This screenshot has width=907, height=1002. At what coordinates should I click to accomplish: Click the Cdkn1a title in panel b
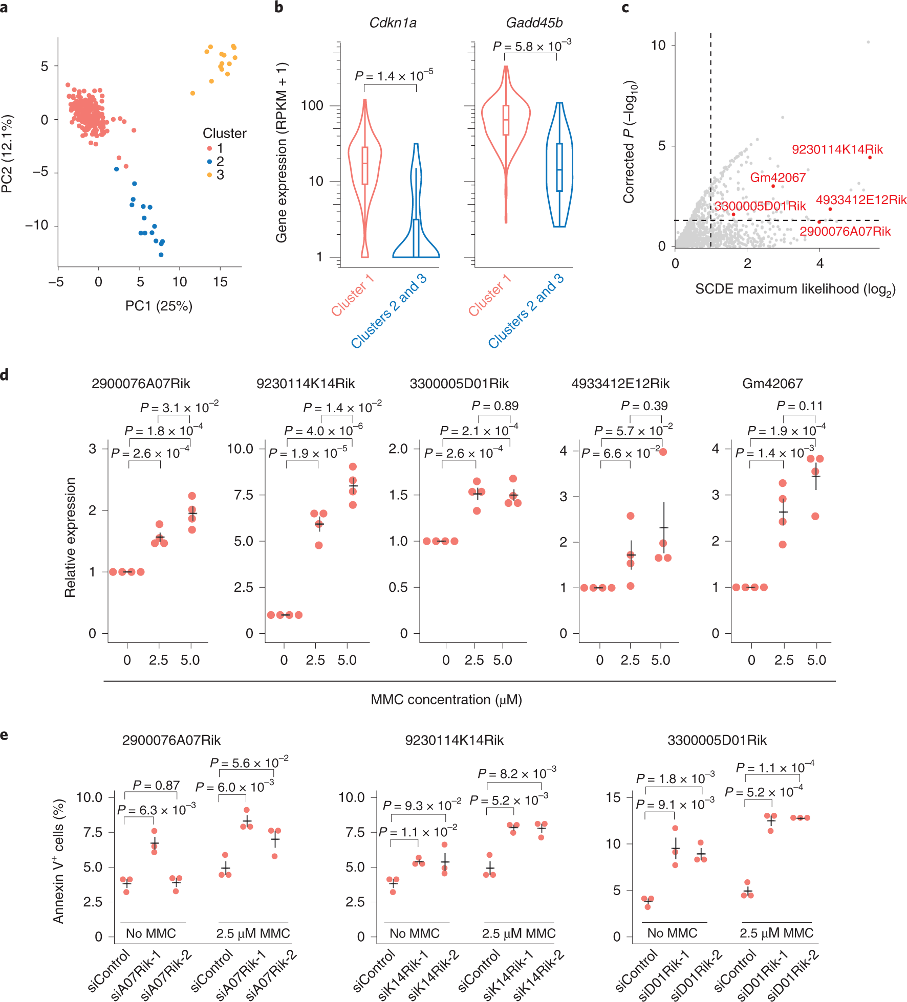pos(393,23)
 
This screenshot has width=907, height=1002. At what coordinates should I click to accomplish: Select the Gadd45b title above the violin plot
pos(534,23)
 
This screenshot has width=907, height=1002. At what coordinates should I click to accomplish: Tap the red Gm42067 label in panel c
pos(778,177)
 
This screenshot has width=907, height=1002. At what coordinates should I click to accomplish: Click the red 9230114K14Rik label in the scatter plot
pos(837,149)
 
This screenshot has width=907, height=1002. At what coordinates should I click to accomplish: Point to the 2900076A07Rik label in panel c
pos(845,232)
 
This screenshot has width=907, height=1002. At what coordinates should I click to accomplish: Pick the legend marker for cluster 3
pos(209,175)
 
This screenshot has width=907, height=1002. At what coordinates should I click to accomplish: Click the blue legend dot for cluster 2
pos(209,162)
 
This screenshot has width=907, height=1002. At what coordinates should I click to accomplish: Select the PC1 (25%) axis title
pos(159,306)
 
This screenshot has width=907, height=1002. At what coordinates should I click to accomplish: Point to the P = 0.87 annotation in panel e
pos(156,785)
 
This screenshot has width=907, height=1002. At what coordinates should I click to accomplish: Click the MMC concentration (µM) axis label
pos(446,699)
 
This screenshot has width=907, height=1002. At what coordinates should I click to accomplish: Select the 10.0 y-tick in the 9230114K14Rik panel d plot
pos(240,449)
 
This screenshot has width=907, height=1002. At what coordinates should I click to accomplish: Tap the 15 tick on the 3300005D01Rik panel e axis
pos(613,797)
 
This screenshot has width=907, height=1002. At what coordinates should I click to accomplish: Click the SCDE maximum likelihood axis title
pos(795,290)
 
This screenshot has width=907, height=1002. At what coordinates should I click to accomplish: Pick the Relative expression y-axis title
pos(70,537)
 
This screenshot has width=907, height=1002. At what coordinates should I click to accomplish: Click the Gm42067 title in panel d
pos(772,384)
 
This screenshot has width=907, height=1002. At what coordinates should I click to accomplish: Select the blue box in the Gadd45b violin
pos(559,167)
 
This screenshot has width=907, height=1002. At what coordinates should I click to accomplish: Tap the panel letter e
pos(5,735)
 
